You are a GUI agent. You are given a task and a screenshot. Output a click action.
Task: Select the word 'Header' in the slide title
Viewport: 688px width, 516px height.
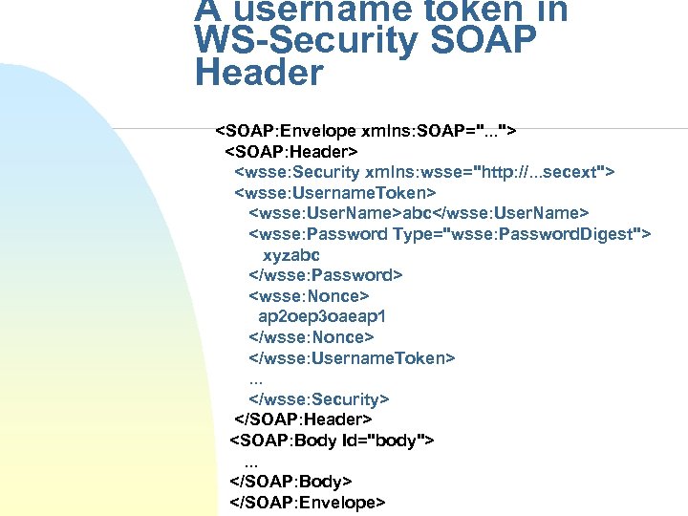point(259,74)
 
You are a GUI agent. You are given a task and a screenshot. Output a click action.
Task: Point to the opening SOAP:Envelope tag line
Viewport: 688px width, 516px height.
point(367,130)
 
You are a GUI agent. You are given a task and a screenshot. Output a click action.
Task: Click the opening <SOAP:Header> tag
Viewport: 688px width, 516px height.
point(290,151)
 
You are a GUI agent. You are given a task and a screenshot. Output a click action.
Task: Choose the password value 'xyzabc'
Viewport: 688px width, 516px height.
point(290,255)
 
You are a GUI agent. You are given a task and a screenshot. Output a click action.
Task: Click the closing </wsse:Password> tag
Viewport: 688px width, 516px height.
point(325,275)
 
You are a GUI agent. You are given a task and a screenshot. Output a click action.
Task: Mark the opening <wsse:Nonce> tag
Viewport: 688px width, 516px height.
point(308,296)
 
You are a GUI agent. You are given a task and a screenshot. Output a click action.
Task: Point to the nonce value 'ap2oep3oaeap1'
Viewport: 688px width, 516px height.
point(321,316)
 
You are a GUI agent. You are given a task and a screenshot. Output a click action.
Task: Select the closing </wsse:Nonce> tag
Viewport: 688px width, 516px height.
point(311,337)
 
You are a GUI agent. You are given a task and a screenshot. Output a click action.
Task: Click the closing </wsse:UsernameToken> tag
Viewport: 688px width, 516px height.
point(352,358)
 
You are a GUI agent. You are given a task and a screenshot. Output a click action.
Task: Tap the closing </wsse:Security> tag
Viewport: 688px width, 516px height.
point(318,399)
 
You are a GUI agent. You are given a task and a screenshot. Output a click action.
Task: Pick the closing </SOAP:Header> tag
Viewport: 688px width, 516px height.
point(304,419)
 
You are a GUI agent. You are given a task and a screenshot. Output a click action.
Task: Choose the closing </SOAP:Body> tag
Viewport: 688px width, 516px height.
point(291,482)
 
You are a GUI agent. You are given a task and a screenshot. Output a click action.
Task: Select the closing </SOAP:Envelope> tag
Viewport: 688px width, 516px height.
point(308,503)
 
